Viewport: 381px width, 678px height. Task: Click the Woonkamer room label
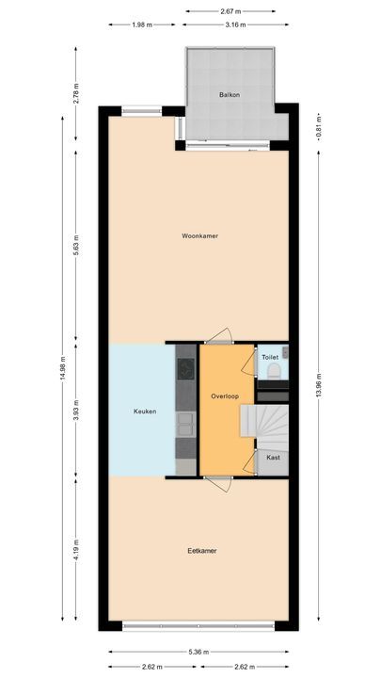[x=199, y=236]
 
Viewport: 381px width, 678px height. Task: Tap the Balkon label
[x=230, y=96]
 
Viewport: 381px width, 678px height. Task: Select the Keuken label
[x=144, y=412]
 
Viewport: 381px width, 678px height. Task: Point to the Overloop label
[x=223, y=397]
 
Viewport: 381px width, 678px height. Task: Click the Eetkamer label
[x=201, y=550]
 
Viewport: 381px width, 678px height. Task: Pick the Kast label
[x=273, y=458]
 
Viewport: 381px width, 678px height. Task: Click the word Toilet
[x=270, y=358]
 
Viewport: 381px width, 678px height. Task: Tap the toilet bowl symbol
[x=272, y=374]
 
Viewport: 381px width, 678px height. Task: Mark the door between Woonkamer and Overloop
[x=220, y=337]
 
